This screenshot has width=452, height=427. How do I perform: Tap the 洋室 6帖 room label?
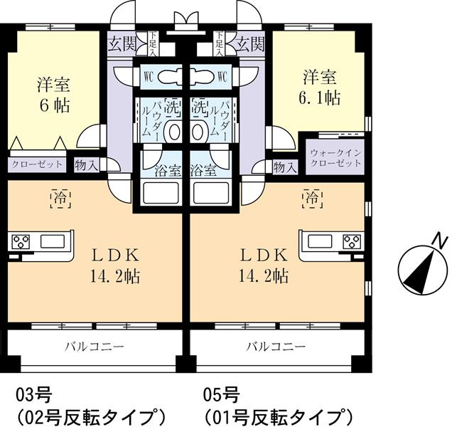54,95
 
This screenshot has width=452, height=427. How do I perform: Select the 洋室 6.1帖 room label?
321,88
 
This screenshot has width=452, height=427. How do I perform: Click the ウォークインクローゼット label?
336,157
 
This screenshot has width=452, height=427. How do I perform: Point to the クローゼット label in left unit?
36,164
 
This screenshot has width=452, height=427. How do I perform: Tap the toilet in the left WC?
168,76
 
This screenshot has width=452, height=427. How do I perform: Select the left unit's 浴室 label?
162,171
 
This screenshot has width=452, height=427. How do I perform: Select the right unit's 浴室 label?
205,171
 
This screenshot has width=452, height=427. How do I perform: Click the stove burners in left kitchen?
20,241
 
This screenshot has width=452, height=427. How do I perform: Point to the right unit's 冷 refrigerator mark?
311,193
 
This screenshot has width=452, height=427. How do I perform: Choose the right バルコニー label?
277,347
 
